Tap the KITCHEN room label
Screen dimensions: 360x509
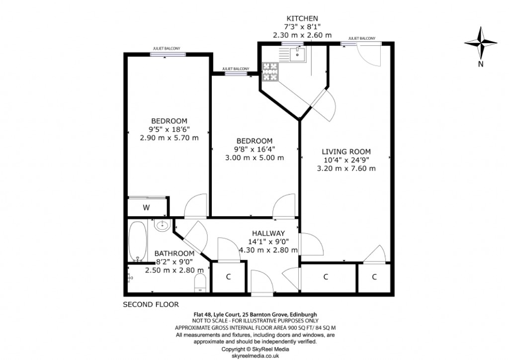tap(302, 18)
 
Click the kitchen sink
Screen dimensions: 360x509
tap(298, 53)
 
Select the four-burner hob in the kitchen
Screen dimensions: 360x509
tap(269, 72)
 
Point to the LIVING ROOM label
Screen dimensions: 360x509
tap(346, 151)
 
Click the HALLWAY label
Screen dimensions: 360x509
tap(268, 233)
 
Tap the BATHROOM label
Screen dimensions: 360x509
tap(174, 253)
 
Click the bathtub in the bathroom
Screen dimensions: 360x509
tap(137, 241)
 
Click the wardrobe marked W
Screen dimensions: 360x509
tap(147, 207)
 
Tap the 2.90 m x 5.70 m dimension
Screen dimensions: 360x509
tap(170, 138)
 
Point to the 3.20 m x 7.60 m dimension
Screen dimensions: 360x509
tap(346, 168)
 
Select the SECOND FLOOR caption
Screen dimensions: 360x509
tap(151, 304)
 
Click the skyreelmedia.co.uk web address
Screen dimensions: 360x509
tap(254, 356)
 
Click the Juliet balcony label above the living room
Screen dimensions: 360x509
tap(361, 38)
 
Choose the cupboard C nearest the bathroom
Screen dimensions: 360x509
tap(228, 277)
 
